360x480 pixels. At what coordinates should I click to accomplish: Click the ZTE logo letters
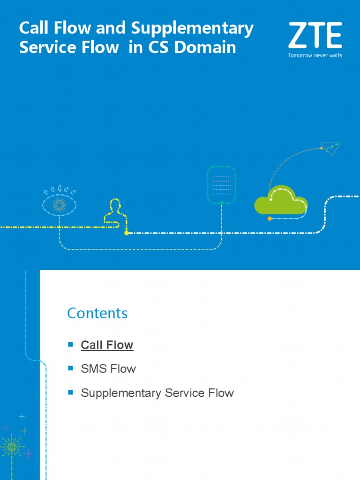click(x=315, y=36)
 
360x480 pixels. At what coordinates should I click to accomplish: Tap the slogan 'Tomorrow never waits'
click(x=315, y=55)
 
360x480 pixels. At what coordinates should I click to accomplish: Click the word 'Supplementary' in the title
click(x=192, y=29)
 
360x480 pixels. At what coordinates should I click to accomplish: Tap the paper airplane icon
click(x=330, y=149)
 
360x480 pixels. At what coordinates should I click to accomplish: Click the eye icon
click(x=60, y=204)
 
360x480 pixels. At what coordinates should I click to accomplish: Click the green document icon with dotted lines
click(x=221, y=185)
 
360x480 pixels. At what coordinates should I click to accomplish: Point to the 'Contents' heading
click(x=97, y=313)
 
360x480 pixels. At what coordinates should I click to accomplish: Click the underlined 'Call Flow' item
click(x=107, y=345)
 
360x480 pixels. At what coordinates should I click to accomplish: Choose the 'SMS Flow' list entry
click(x=108, y=369)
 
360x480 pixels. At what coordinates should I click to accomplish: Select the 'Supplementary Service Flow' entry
click(x=157, y=393)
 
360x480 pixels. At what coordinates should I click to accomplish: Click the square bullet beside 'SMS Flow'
click(x=71, y=368)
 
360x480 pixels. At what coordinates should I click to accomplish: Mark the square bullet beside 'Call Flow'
click(x=71, y=344)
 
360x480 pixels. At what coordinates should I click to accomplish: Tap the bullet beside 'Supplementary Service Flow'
click(x=71, y=392)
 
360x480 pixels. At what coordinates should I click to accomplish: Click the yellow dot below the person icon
click(x=126, y=232)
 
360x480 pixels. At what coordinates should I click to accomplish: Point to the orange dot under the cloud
click(x=270, y=218)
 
